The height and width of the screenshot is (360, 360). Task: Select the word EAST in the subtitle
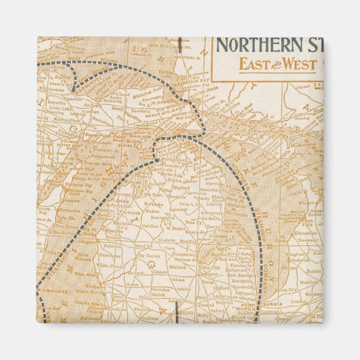[x=254, y=64]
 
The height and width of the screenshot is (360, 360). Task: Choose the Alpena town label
[x=213, y=182]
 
